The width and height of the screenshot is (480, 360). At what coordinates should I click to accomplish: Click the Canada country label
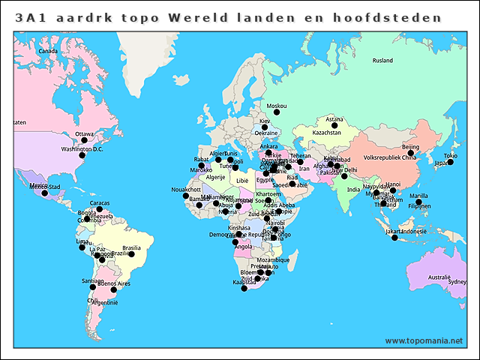(x=48, y=51)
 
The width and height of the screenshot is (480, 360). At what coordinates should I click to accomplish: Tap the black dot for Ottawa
(x=84, y=140)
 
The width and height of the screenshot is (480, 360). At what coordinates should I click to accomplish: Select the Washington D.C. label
(x=82, y=149)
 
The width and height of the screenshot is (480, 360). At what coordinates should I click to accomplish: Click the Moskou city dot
(x=276, y=112)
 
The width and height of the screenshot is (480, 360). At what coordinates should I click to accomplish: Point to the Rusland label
(x=382, y=61)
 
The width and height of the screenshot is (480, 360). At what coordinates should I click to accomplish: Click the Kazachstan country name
(x=326, y=133)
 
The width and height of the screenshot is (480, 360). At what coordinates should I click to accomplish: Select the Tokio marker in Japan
(x=450, y=162)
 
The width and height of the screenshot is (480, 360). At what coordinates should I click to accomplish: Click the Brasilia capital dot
(x=131, y=254)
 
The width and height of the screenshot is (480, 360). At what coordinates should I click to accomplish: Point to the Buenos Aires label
(x=113, y=284)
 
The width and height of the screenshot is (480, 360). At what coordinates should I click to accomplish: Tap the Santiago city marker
(x=93, y=286)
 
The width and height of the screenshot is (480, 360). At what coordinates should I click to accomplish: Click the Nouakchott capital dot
(x=186, y=196)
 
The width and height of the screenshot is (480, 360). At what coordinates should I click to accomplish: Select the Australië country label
(x=439, y=277)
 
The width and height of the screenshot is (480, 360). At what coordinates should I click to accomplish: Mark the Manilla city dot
(x=418, y=202)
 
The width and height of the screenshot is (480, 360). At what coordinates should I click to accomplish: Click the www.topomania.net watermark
(x=424, y=340)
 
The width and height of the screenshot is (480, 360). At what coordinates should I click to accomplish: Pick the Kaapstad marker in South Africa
(x=244, y=288)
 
